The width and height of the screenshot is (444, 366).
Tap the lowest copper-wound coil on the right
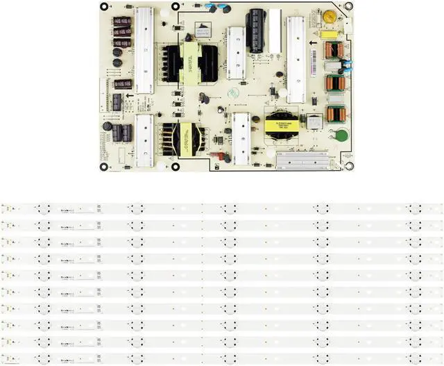335,113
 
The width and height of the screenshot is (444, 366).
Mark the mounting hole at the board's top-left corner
103,8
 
